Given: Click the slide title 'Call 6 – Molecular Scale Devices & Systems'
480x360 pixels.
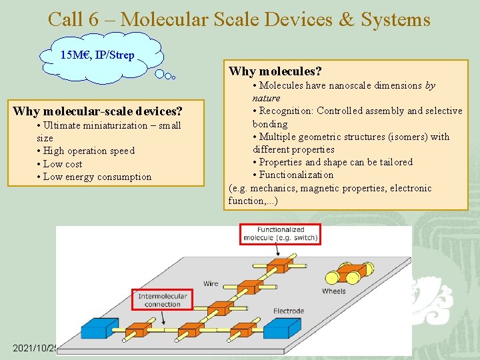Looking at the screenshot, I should pyautogui.click(x=239, y=19).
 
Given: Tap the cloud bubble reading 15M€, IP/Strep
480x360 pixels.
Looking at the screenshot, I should pyautogui.click(x=97, y=55).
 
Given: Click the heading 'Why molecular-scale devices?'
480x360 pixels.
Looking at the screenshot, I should pyautogui.click(x=97, y=111).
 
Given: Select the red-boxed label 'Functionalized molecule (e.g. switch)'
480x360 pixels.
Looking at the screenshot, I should pyautogui.click(x=280, y=234).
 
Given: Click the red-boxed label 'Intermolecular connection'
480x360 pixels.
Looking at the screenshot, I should pyautogui.click(x=162, y=300).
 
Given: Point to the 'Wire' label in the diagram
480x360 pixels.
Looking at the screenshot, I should pyautogui.click(x=211, y=283).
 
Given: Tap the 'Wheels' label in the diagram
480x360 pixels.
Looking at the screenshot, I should pyautogui.click(x=333, y=291).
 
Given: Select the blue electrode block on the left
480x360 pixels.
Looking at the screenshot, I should pyautogui.click(x=99, y=329).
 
